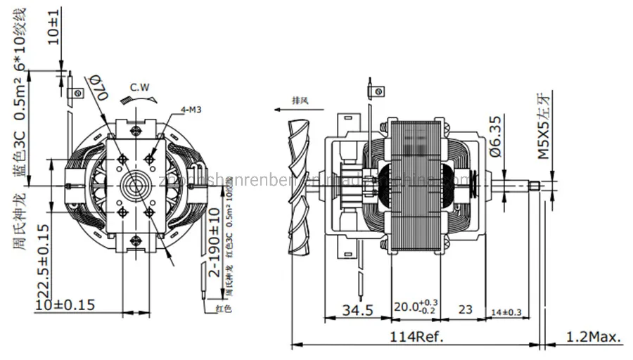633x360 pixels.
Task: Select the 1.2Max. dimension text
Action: click(594, 337)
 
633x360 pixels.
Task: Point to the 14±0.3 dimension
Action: click(506, 311)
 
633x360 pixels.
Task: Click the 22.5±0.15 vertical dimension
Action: click(44, 260)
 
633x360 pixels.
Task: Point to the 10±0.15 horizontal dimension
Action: click(65, 304)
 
